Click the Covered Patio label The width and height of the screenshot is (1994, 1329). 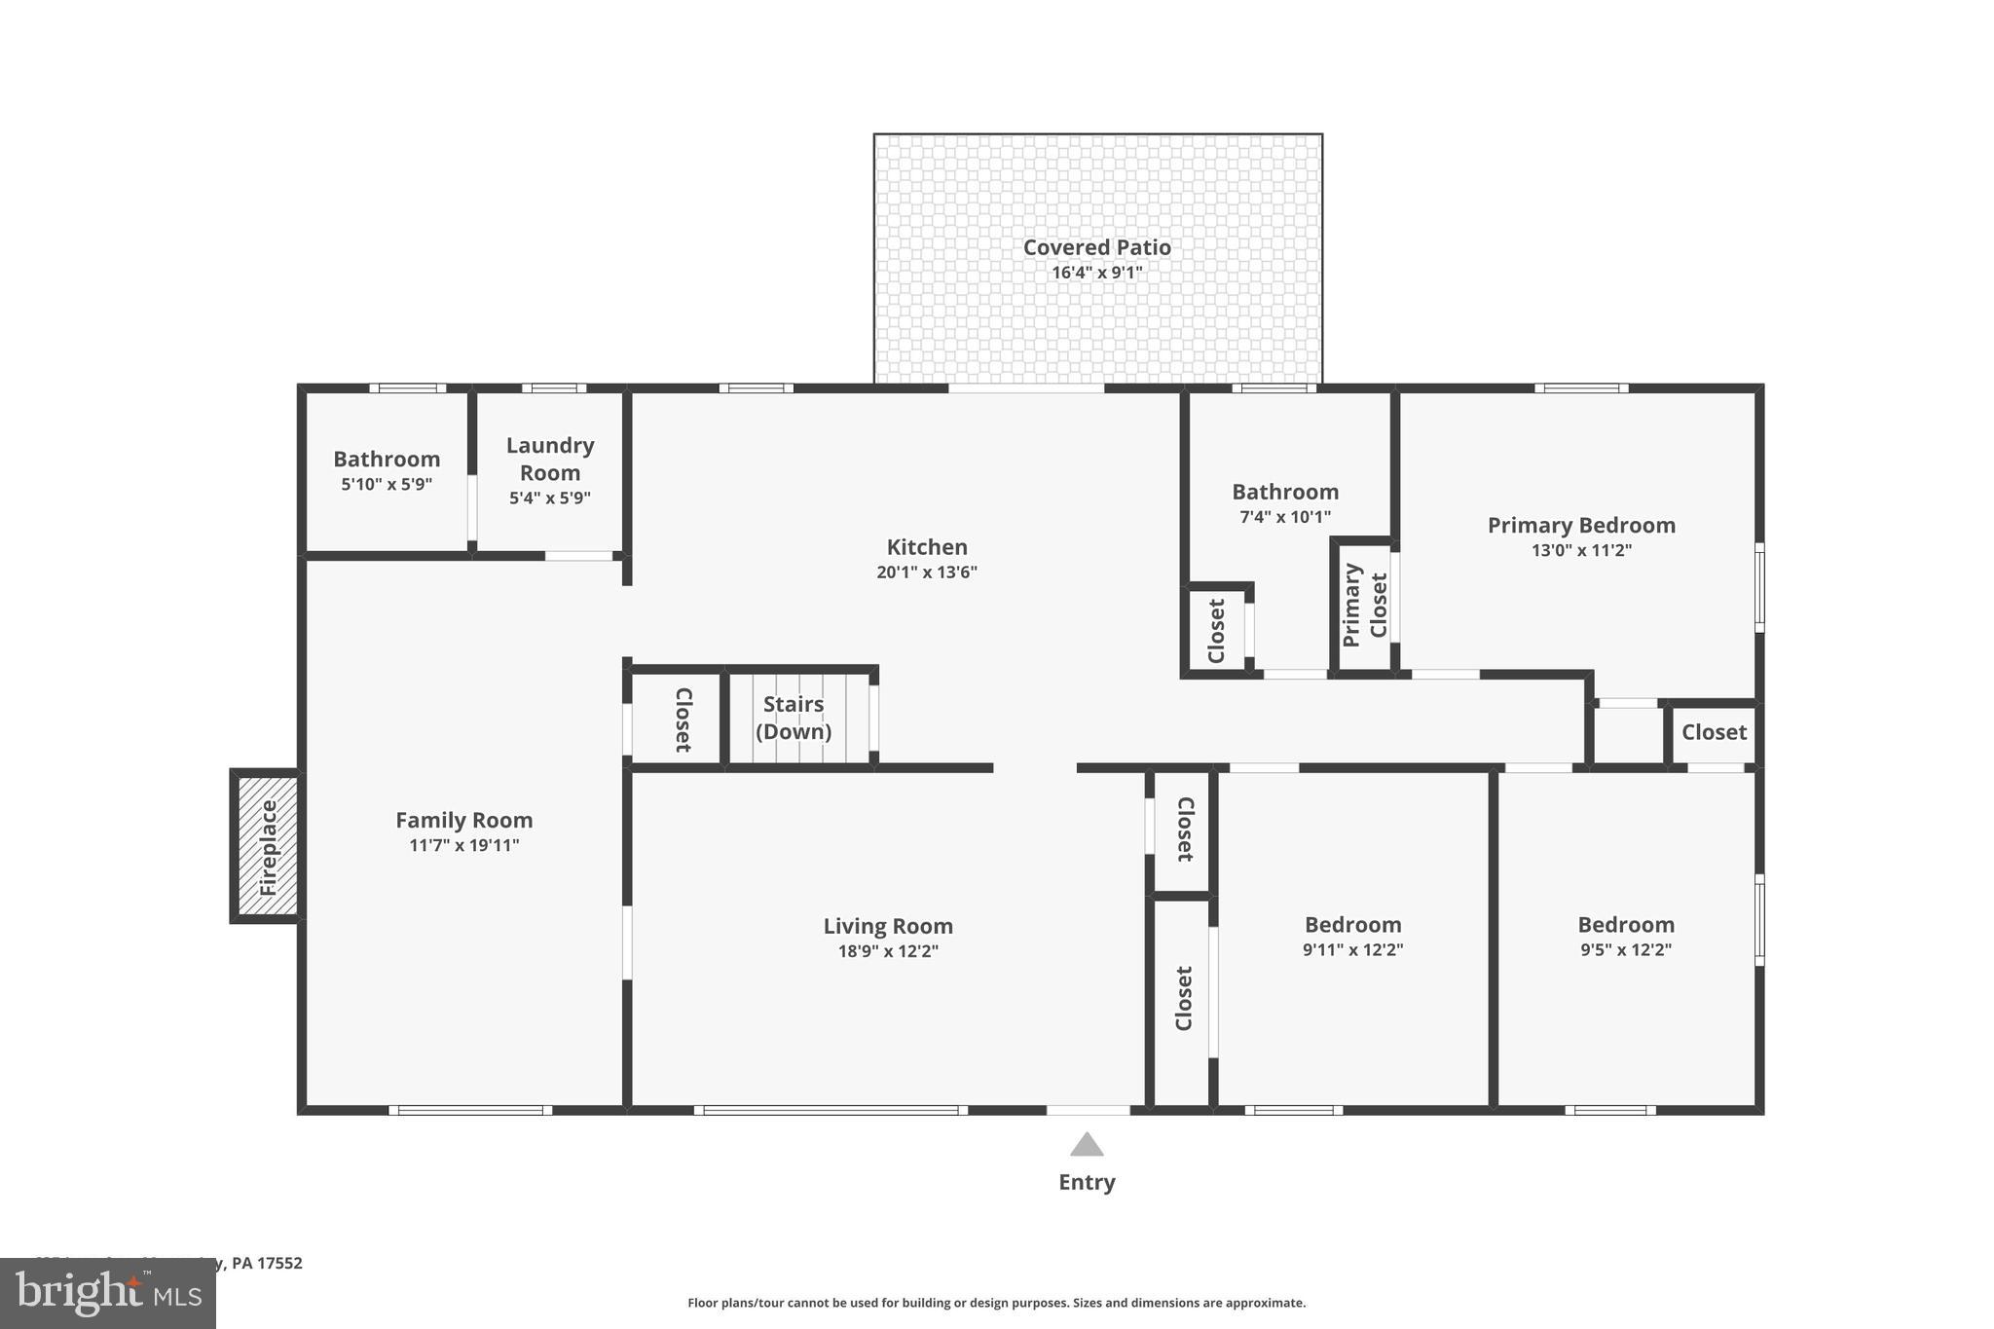pyautogui.click(x=1096, y=247)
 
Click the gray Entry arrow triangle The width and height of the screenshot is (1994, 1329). pyautogui.click(x=1087, y=1145)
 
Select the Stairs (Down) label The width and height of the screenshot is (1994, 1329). pyautogui.click(x=794, y=718)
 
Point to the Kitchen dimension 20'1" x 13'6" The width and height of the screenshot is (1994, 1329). pyautogui.click(x=926, y=572)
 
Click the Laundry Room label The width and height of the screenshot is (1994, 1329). pyautogui.click(x=550, y=459)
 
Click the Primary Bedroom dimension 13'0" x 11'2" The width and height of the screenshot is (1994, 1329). pyautogui.click(x=1581, y=550)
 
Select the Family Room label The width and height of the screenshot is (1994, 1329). pyautogui.click(x=463, y=820)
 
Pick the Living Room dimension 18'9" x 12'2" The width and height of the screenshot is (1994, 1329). pyautogui.click(x=888, y=951)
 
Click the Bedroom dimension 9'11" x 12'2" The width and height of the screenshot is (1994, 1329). pyautogui.click(x=1352, y=950)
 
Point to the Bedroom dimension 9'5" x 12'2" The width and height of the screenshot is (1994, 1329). pyautogui.click(x=1626, y=950)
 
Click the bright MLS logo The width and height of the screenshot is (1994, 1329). pyautogui.click(x=108, y=1293)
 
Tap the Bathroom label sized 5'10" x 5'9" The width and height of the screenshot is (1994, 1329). pyautogui.click(x=387, y=459)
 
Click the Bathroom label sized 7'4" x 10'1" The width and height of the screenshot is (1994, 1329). pyautogui.click(x=1285, y=492)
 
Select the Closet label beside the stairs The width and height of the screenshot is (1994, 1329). pyautogui.click(x=683, y=720)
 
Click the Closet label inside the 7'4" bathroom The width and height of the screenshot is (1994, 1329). pyautogui.click(x=1216, y=631)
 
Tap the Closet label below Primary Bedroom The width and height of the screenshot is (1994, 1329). pyautogui.click(x=1714, y=732)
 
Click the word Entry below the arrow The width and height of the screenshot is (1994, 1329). pyautogui.click(x=1087, y=1182)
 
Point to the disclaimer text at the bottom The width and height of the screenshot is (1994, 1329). pyautogui.click(x=996, y=1303)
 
